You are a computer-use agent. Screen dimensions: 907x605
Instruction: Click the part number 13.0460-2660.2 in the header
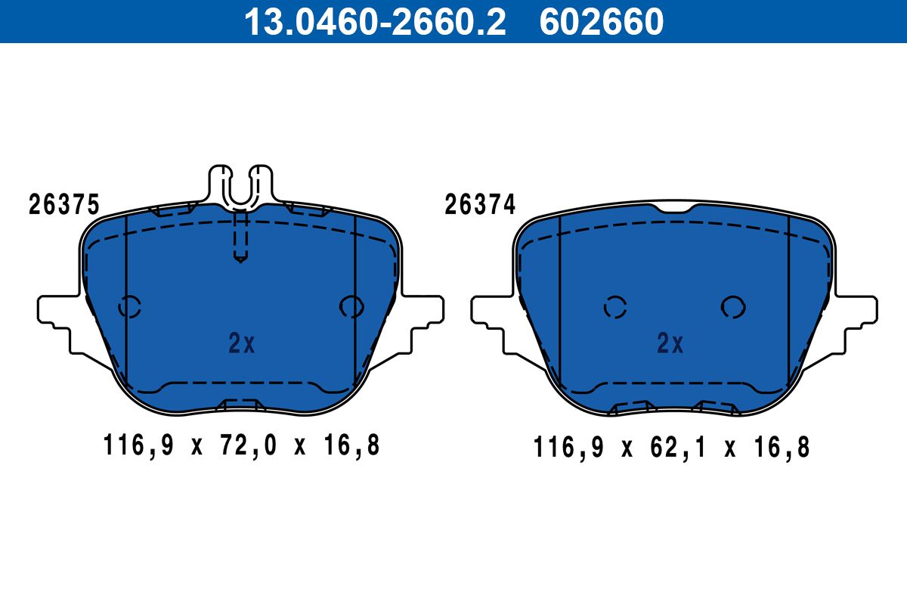pyautogui.click(x=375, y=22)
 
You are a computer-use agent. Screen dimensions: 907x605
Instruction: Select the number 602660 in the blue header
pyautogui.click(x=602, y=22)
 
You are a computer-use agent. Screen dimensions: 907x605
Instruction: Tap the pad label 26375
pyautogui.click(x=63, y=204)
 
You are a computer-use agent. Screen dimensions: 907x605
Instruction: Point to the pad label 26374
pyautogui.click(x=480, y=204)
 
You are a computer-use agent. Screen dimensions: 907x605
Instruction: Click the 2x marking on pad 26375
pyautogui.click(x=242, y=343)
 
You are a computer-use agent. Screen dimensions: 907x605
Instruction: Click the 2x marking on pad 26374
pyautogui.click(x=670, y=343)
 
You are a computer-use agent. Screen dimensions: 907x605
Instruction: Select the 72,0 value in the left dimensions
pyautogui.click(x=248, y=445)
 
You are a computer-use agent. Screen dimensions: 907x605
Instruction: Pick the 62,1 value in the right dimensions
pyautogui.click(x=678, y=448)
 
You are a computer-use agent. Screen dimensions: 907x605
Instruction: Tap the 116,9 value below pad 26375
pyautogui.click(x=138, y=445)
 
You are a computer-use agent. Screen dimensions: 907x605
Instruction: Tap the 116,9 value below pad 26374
pyautogui.click(x=568, y=448)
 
